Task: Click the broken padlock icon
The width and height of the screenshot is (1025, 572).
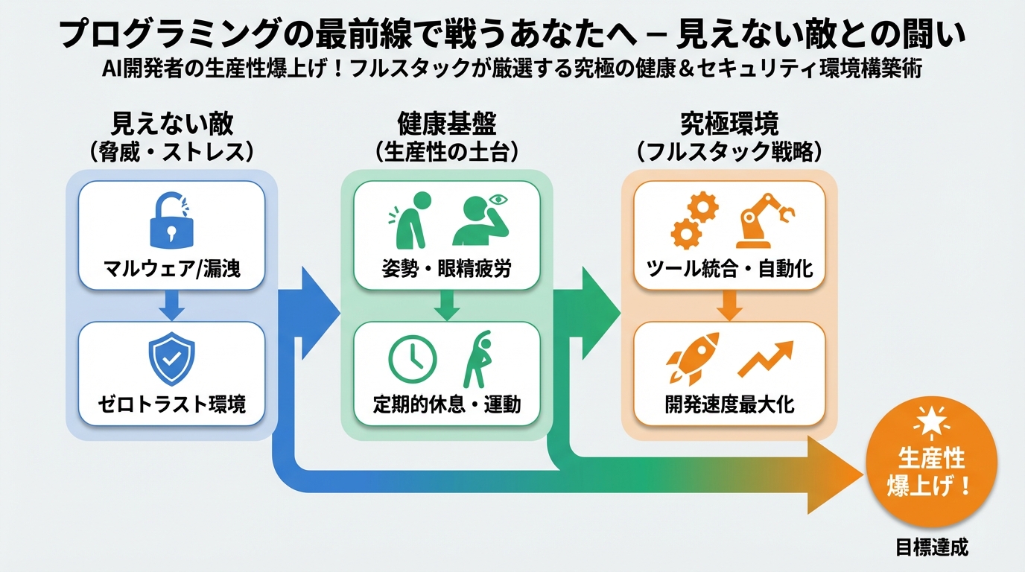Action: coord(172,220)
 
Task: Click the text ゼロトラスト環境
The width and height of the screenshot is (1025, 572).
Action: coord(171,404)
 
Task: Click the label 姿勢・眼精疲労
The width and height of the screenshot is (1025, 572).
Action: coord(446,268)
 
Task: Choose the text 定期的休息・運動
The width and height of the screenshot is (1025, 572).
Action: coord(446,404)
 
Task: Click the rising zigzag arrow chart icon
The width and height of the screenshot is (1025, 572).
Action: coord(765,359)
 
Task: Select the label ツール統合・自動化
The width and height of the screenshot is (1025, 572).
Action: coord(729,268)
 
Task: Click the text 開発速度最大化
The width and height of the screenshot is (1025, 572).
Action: coord(729,404)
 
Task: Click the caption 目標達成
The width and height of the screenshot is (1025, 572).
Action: coord(932,548)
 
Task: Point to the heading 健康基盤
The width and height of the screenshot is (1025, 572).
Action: coord(446,122)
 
